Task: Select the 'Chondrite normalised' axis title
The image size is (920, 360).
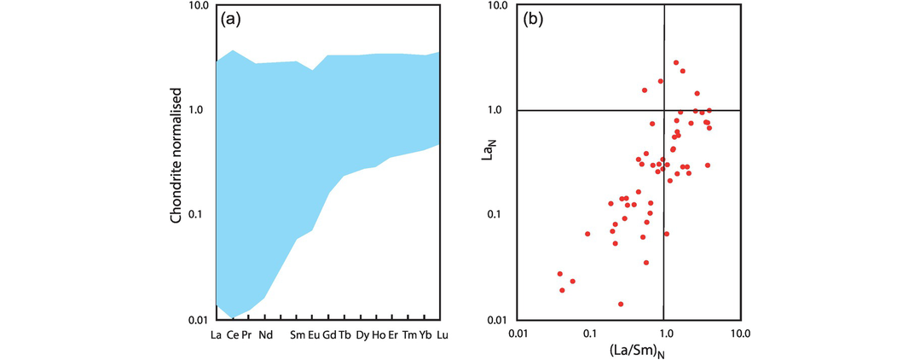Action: pos(176,154)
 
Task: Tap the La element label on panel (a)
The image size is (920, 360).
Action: pos(216,334)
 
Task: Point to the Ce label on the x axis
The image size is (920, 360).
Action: pos(231,334)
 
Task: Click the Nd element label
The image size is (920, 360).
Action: pos(266,334)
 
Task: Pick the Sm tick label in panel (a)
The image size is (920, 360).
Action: pos(298,334)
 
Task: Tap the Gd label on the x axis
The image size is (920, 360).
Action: pos(329,334)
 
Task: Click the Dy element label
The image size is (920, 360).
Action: pos(362,334)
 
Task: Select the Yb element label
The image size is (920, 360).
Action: pos(425,334)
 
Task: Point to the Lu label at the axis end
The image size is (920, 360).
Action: pos(442,334)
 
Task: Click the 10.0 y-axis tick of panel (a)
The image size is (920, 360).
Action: pos(197,6)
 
